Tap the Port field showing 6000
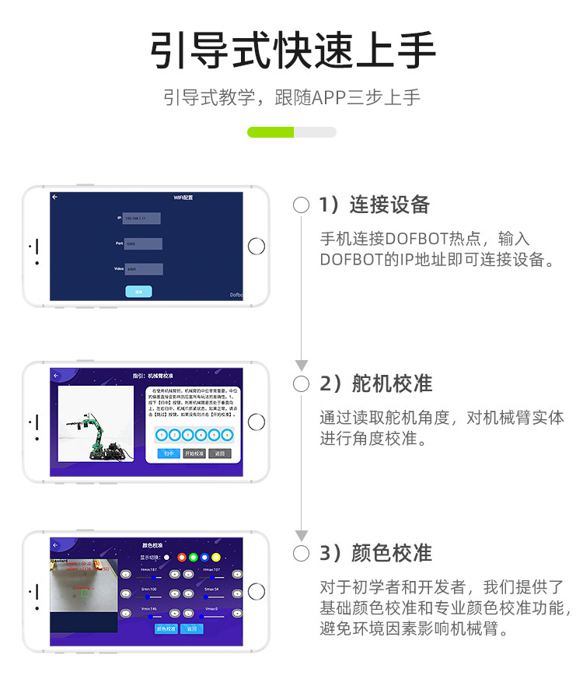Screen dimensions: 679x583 (x=142, y=243)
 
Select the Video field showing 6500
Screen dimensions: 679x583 (x=143, y=269)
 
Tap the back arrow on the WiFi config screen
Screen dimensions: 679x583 (x=55, y=198)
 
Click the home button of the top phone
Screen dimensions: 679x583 (x=256, y=247)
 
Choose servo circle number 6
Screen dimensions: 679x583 (x=225, y=435)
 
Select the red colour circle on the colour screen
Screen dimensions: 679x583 (x=181, y=557)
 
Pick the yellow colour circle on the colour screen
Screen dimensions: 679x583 (x=215, y=557)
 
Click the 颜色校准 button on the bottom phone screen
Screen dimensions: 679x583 (x=166, y=628)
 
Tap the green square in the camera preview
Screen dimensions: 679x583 (x=83, y=593)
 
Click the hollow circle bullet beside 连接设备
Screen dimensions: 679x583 (x=302, y=205)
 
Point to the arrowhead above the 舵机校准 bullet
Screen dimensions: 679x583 (x=302, y=366)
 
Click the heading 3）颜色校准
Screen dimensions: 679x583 (x=375, y=554)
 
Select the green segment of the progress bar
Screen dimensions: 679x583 (x=270, y=132)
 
